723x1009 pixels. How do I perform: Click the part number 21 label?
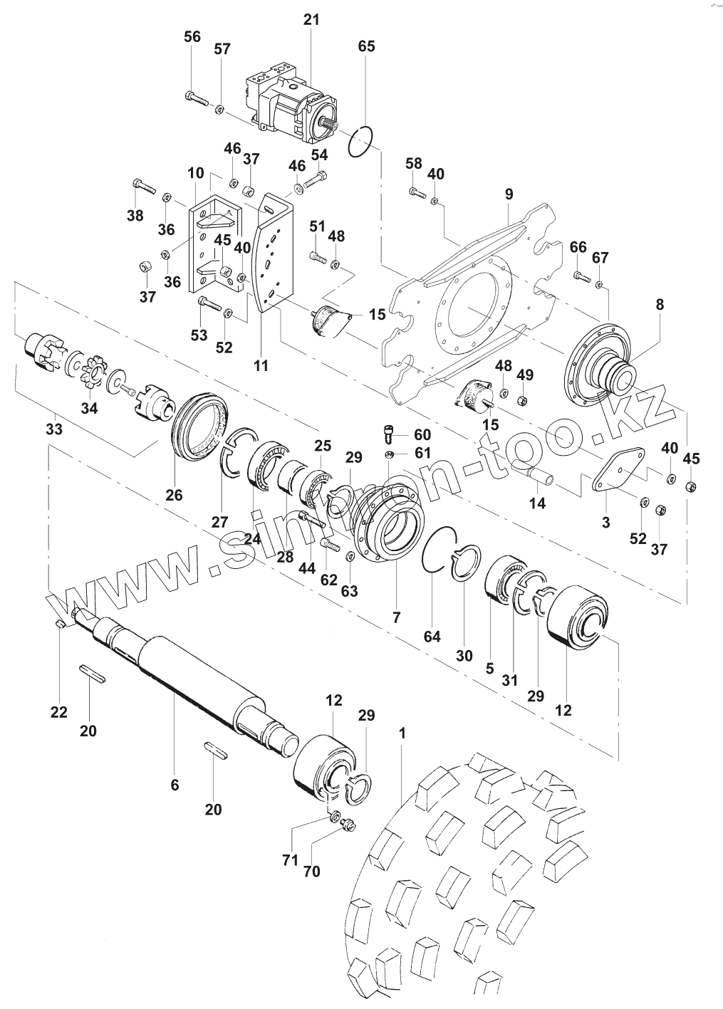[x=311, y=20]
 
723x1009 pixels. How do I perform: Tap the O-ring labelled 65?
[x=361, y=140]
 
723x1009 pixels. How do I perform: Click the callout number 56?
[x=192, y=37]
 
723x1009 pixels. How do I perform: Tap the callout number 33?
[x=54, y=429]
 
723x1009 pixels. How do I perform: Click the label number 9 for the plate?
[x=508, y=193]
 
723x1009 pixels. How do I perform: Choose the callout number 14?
[x=537, y=503]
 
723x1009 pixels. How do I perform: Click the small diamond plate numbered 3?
[x=618, y=469]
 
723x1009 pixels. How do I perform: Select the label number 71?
[x=289, y=860]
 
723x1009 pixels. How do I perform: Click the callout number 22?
[x=58, y=711]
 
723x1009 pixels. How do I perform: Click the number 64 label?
[x=432, y=636]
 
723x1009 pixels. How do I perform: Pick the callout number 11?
[x=261, y=366]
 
